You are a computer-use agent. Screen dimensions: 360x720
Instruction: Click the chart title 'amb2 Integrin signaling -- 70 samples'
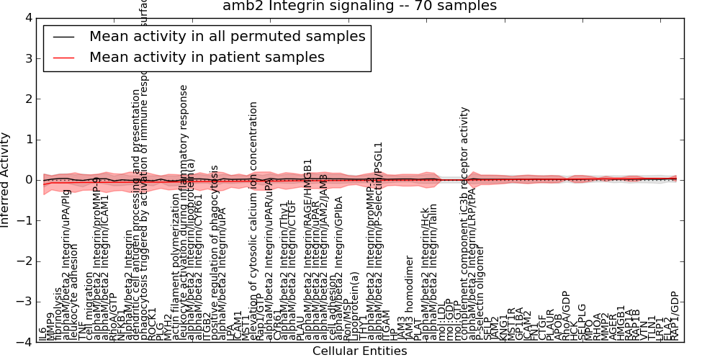coord(359,6)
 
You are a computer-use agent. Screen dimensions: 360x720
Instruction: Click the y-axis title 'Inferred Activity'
coord(6,180)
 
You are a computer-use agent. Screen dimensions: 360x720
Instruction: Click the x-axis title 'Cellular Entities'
coord(359,351)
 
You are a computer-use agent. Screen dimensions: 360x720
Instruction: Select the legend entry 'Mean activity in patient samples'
coord(207,57)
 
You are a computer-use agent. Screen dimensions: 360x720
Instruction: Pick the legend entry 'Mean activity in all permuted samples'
coord(227,37)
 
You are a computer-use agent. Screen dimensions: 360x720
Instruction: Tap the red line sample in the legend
coord(64,57)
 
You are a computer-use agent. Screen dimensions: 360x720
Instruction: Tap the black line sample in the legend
coord(64,37)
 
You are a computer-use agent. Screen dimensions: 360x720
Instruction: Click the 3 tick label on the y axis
coord(28,58)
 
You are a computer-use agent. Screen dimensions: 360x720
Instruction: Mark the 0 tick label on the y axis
coord(28,180)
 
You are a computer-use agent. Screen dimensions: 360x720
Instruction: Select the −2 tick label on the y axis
coord(25,261)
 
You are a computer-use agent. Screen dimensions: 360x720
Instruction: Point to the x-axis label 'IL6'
coord(42,334)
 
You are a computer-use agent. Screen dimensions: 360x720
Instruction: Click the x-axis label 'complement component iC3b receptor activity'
coord(465,224)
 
